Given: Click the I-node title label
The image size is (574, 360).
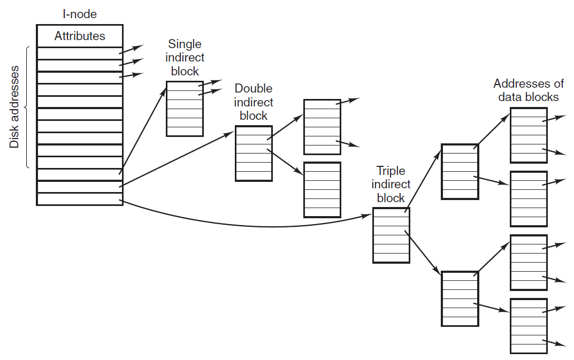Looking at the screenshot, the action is (x=80, y=14).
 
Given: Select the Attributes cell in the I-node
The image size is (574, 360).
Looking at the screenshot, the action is (x=80, y=36).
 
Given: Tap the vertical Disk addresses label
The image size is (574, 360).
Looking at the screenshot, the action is (x=14, y=107).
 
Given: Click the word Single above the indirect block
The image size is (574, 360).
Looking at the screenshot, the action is (x=185, y=44).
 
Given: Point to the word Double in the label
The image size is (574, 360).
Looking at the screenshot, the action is (x=254, y=88).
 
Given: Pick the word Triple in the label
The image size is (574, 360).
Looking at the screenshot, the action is (x=391, y=171).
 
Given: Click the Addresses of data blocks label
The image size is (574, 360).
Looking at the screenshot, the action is (x=528, y=90).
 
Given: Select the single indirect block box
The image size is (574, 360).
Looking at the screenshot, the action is (x=185, y=109).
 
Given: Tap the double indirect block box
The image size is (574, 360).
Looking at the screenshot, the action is (x=254, y=154).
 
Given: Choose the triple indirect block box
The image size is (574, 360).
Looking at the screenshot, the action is (x=392, y=235).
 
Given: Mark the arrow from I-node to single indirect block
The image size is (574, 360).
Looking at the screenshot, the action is (x=143, y=130).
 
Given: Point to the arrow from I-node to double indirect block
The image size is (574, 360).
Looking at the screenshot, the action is (x=177, y=159).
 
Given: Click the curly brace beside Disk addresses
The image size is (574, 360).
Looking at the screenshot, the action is (x=27, y=108).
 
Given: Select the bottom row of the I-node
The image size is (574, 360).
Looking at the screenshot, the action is (x=80, y=199).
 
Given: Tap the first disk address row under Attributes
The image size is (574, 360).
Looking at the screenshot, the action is (x=80, y=53).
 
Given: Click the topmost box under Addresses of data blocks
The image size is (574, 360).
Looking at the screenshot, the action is (x=529, y=135).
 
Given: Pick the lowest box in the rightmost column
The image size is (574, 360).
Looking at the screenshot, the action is (x=529, y=326).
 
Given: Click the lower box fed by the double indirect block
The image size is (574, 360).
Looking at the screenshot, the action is (x=322, y=190).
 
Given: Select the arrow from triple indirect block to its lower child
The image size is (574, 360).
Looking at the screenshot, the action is (x=423, y=252).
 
